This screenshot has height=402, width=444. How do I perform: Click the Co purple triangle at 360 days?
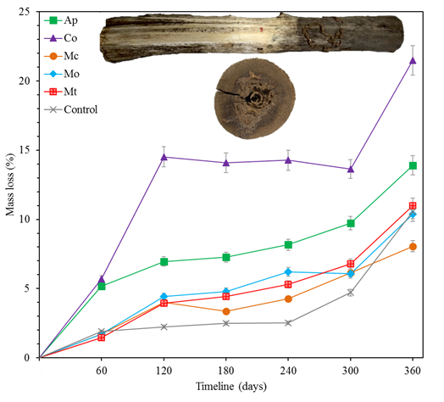click(413, 60)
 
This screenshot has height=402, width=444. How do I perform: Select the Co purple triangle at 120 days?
click(164, 157)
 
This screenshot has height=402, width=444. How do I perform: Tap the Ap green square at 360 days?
click(413, 165)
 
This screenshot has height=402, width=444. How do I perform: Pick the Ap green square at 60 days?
click(102, 286)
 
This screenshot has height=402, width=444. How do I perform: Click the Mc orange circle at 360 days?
click(413, 247)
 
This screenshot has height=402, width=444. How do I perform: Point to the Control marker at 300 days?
click(351, 293)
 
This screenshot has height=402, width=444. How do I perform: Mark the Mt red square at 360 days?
click(413, 206)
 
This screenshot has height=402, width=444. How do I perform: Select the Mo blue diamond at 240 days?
click(288, 271)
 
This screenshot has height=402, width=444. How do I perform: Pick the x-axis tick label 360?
click(413, 371)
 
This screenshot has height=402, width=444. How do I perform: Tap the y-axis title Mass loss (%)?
click(9, 185)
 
